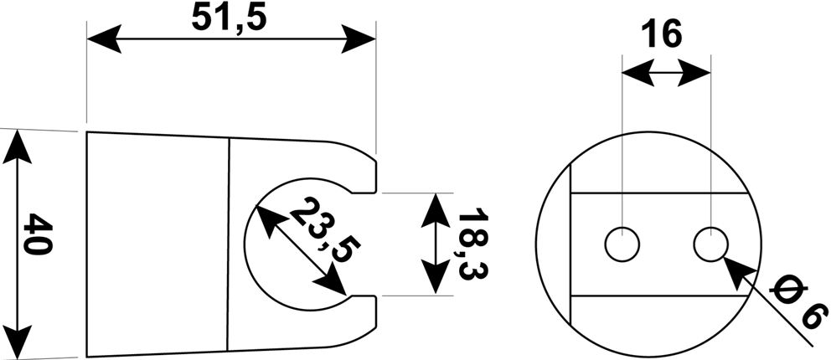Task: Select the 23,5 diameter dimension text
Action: point(324,230)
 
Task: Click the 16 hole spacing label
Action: point(662,35)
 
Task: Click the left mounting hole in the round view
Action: point(622,244)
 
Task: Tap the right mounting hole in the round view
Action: point(710,244)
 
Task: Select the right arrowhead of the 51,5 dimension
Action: point(359,39)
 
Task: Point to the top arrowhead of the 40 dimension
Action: point(17,147)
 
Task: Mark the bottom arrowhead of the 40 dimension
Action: point(17,342)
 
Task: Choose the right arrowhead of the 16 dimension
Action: point(694,73)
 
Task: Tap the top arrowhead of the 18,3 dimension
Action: point(436,211)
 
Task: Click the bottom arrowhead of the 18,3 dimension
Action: point(436,275)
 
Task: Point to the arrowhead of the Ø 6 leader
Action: point(739,272)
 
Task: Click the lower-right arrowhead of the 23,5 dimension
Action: point(330,279)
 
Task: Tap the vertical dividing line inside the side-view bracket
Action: point(229,244)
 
